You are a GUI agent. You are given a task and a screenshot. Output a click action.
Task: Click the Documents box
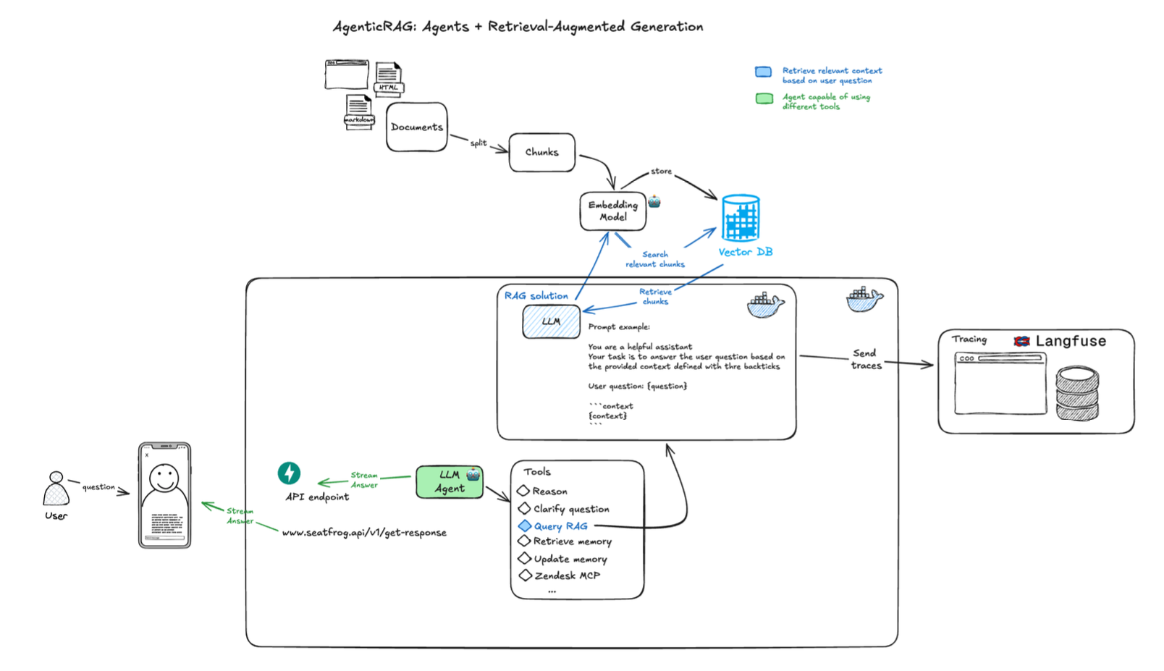(416, 127)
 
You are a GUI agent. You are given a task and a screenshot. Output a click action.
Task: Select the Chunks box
(541, 152)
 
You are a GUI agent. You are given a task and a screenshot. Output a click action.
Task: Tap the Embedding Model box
(612, 211)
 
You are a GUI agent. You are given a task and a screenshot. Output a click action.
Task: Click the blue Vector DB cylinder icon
(741, 218)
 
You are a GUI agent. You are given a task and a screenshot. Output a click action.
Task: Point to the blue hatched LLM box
(551, 321)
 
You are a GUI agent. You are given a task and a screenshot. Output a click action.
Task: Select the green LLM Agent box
(449, 482)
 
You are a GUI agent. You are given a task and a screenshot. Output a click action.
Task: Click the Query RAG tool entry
(560, 526)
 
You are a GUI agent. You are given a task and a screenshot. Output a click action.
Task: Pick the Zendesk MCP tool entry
(566, 575)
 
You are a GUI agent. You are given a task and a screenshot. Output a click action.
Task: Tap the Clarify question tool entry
(570, 509)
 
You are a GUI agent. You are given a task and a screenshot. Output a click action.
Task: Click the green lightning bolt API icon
(289, 473)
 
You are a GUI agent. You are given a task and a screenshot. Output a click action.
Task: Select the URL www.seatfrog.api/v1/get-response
(364, 533)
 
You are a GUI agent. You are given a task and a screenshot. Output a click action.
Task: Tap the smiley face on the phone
(164, 478)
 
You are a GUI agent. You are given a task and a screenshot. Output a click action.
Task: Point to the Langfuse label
(1070, 341)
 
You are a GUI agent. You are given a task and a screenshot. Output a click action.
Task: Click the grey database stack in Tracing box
(1077, 393)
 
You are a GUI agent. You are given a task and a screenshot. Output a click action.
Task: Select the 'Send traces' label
(866, 359)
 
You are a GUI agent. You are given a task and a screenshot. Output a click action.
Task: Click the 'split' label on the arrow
(478, 143)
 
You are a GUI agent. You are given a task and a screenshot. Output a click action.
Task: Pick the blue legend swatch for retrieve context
(763, 72)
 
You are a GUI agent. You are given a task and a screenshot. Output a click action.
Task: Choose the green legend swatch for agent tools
(764, 98)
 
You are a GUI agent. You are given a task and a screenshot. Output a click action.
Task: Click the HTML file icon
(389, 78)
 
